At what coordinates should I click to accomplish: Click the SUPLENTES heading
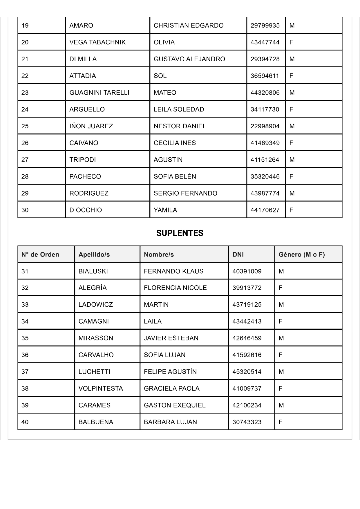(180, 233)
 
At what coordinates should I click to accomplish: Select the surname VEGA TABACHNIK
(97, 42)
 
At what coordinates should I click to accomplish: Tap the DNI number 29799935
(265, 26)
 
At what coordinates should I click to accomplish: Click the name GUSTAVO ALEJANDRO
(189, 59)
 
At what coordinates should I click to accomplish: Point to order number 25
(25, 126)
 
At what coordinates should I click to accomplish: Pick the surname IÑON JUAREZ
(91, 126)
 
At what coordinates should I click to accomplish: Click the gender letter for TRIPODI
(292, 160)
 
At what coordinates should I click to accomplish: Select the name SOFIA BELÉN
(175, 176)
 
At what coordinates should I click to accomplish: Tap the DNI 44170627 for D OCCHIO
(265, 210)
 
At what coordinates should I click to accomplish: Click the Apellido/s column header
(94, 255)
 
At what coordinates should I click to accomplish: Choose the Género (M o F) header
(301, 255)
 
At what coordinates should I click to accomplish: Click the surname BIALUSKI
(93, 271)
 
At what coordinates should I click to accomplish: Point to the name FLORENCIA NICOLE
(175, 288)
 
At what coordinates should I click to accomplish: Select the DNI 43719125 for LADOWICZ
(247, 305)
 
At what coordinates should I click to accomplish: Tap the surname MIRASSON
(96, 338)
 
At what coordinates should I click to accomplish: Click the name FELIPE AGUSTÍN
(170, 372)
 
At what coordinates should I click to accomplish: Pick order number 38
(25, 389)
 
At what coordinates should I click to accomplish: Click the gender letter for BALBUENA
(280, 422)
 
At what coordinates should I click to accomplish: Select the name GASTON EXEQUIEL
(174, 405)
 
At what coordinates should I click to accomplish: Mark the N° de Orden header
(40, 255)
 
